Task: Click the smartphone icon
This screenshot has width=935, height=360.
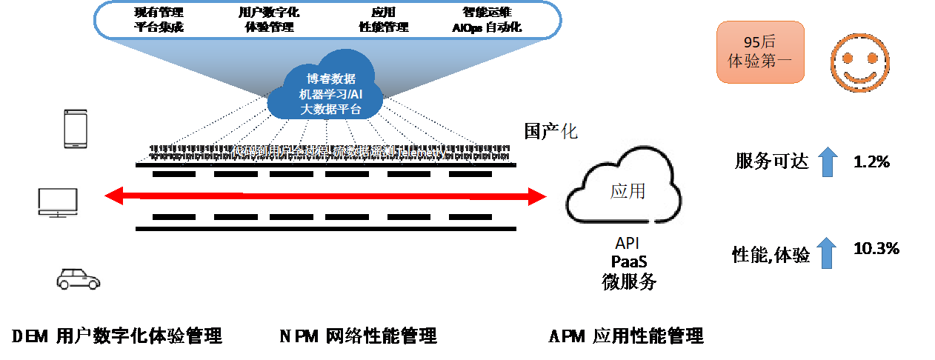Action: coord(76,129)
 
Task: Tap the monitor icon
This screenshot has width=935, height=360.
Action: coord(59,202)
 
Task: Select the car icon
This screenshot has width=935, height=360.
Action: coord(79,279)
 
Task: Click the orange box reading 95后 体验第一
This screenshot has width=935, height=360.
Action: coord(760,52)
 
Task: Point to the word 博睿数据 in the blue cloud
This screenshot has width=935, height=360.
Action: coord(331,79)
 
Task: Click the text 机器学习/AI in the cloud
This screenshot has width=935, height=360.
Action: coord(331,94)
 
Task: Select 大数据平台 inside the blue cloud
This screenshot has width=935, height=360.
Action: coord(331,110)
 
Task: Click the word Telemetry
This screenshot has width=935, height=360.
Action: coord(421,153)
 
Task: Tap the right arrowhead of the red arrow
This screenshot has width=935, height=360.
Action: coord(537,196)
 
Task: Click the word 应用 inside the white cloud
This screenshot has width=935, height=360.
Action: coord(628,190)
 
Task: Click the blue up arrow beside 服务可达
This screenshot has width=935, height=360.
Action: coord(828,161)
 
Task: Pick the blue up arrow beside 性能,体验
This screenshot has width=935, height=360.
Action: coord(828,253)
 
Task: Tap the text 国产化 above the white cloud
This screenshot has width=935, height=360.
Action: coord(550,132)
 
